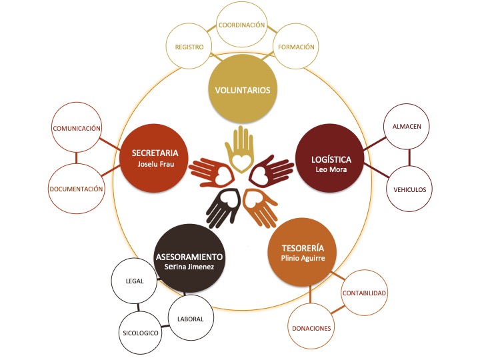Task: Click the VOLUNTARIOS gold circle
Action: pos(243,89)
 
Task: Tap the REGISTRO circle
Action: pos(189,47)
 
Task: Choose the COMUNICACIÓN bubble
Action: pos(77,127)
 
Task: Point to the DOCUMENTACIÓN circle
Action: pos(77,189)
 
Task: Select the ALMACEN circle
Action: pos(410,125)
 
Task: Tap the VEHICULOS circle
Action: pos(410,189)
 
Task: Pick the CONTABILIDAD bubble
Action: pos(365,293)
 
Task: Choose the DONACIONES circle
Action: pos(311,328)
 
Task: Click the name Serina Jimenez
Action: pos(189,267)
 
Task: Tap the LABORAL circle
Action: pos(191,319)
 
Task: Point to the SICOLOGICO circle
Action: pos(141,331)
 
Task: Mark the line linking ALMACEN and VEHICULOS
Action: pos(410,157)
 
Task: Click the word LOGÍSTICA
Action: pos(331,159)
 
